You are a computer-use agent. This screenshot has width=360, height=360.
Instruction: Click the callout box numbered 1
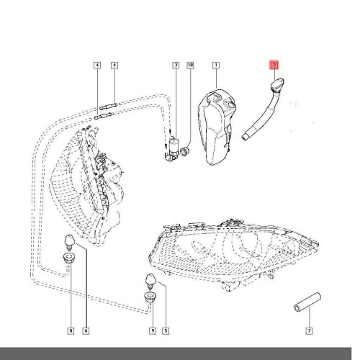[x=216, y=65]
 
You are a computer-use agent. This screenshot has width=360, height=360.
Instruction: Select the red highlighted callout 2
[x=274, y=65]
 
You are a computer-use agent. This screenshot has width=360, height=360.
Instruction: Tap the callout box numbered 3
[x=176, y=65]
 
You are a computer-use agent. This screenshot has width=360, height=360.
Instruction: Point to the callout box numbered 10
[x=190, y=65]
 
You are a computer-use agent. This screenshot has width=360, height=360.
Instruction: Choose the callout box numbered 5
[x=166, y=331]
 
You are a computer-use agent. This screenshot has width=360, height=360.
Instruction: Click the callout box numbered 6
[x=86, y=331]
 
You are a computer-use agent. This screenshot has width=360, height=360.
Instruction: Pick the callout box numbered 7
[x=309, y=331]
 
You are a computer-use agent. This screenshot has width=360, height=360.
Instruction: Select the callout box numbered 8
[x=71, y=331]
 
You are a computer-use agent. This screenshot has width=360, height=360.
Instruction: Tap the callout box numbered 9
[x=153, y=331]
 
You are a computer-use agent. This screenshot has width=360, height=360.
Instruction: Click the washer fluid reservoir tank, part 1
[x=217, y=127]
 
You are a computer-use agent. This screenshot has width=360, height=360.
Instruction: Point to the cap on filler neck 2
[x=277, y=84]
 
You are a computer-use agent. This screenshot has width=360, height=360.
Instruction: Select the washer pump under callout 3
[x=172, y=149]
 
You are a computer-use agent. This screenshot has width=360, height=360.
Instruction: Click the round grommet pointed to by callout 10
[x=185, y=151]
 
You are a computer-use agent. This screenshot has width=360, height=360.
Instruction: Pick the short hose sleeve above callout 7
[x=307, y=302]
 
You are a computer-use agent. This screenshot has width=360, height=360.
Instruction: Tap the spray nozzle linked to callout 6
[x=70, y=242]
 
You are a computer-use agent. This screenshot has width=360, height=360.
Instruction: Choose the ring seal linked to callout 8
[x=69, y=257]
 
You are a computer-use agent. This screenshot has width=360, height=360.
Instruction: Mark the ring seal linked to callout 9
[x=150, y=297]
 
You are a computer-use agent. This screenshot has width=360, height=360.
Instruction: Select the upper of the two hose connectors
[x=109, y=105]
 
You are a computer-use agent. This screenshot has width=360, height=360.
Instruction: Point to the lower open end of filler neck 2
[x=244, y=138]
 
